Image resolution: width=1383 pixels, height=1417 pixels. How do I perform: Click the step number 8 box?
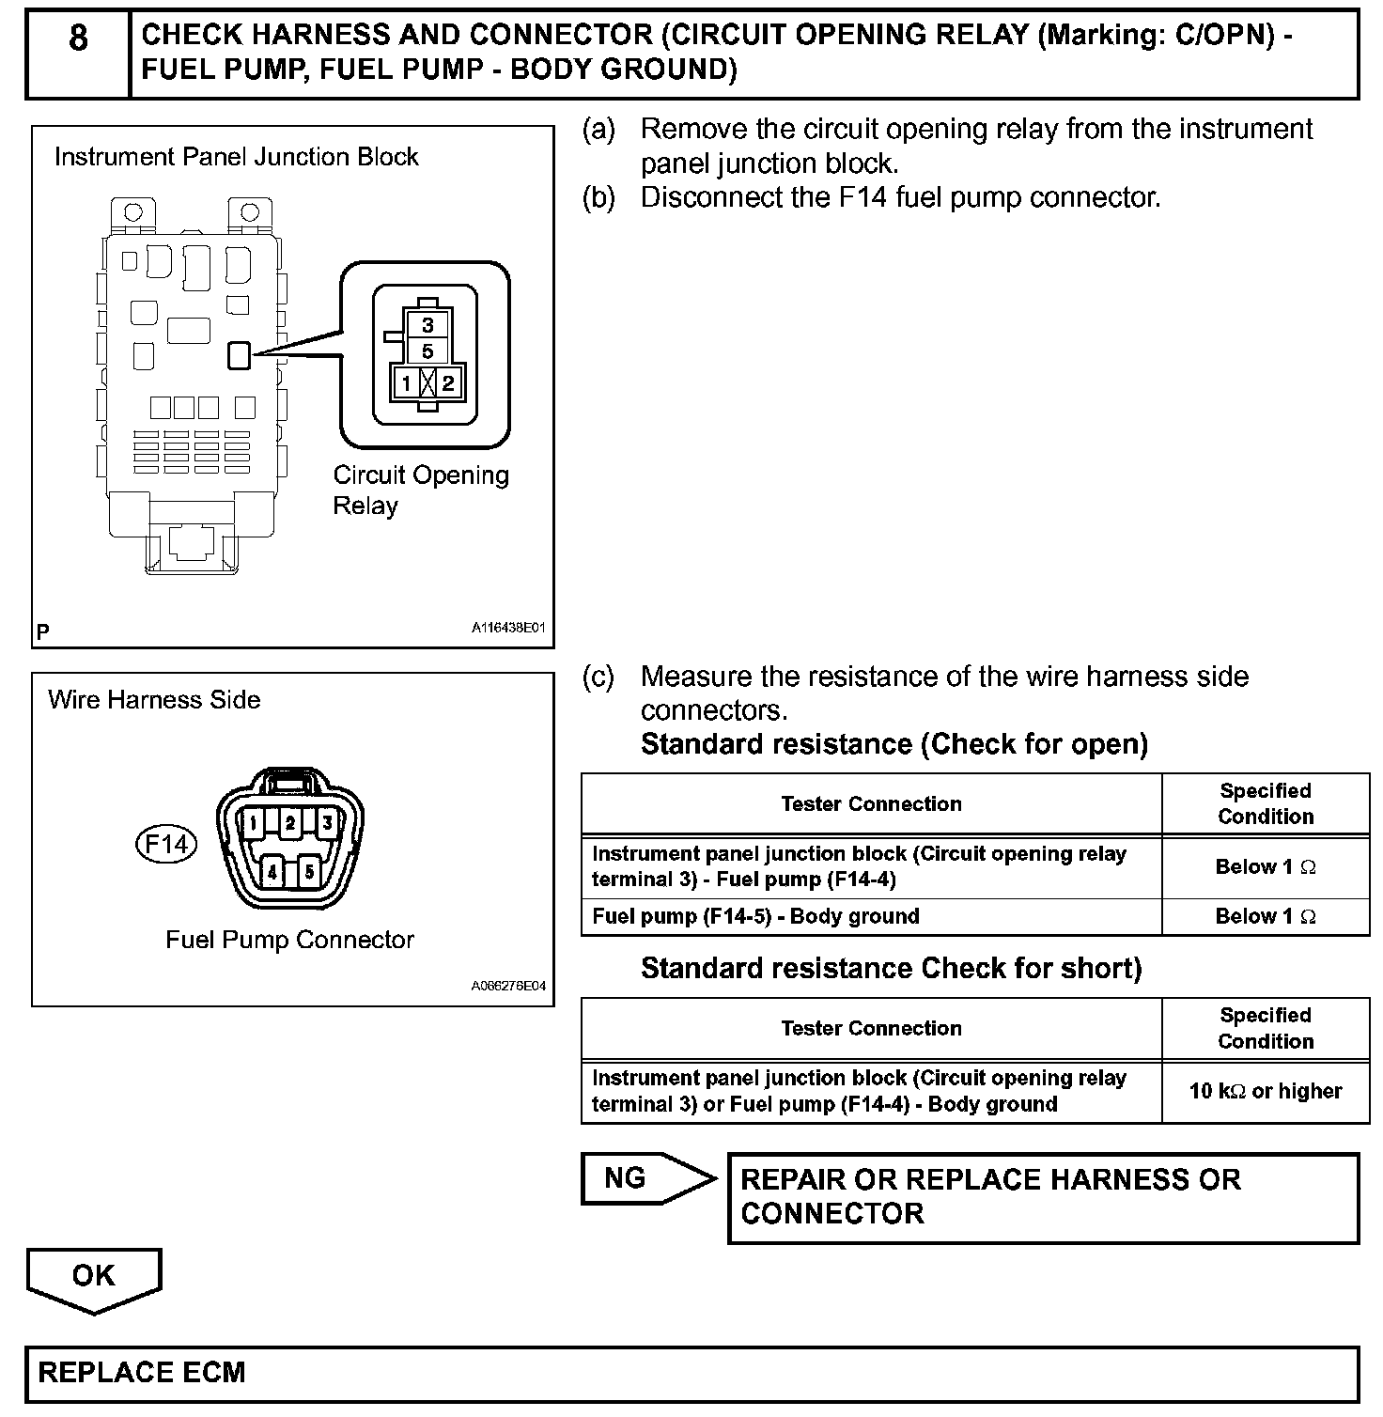[78, 54]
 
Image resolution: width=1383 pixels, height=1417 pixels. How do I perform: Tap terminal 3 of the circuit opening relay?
[427, 325]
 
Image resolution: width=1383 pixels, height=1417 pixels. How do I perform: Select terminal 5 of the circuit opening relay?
[427, 351]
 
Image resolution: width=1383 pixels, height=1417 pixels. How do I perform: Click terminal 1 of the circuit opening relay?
[406, 382]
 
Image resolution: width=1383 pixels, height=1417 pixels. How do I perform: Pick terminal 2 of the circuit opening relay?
[448, 382]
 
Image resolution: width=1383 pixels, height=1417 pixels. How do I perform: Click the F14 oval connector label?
[165, 844]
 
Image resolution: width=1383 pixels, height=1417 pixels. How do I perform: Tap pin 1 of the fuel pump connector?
[253, 824]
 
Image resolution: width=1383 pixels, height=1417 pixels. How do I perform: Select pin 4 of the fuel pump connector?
[272, 872]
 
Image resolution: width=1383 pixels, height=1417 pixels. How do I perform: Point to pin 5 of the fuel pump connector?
[308, 872]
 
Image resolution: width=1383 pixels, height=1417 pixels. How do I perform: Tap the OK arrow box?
[94, 1278]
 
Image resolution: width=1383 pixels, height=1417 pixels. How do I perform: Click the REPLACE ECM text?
[142, 1373]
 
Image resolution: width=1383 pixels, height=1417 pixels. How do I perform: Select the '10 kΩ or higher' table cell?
[1265, 1091]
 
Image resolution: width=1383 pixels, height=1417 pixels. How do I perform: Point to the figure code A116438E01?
[507, 628]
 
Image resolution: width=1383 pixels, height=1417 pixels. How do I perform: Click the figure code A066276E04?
[507, 987]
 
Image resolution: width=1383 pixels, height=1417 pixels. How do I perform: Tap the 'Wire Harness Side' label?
[154, 699]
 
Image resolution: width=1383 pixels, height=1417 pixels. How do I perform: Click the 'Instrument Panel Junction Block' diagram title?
[236, 156]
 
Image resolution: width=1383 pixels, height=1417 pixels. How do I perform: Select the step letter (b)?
[598, 197]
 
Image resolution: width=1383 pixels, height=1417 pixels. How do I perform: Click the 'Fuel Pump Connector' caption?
[289, 940]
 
